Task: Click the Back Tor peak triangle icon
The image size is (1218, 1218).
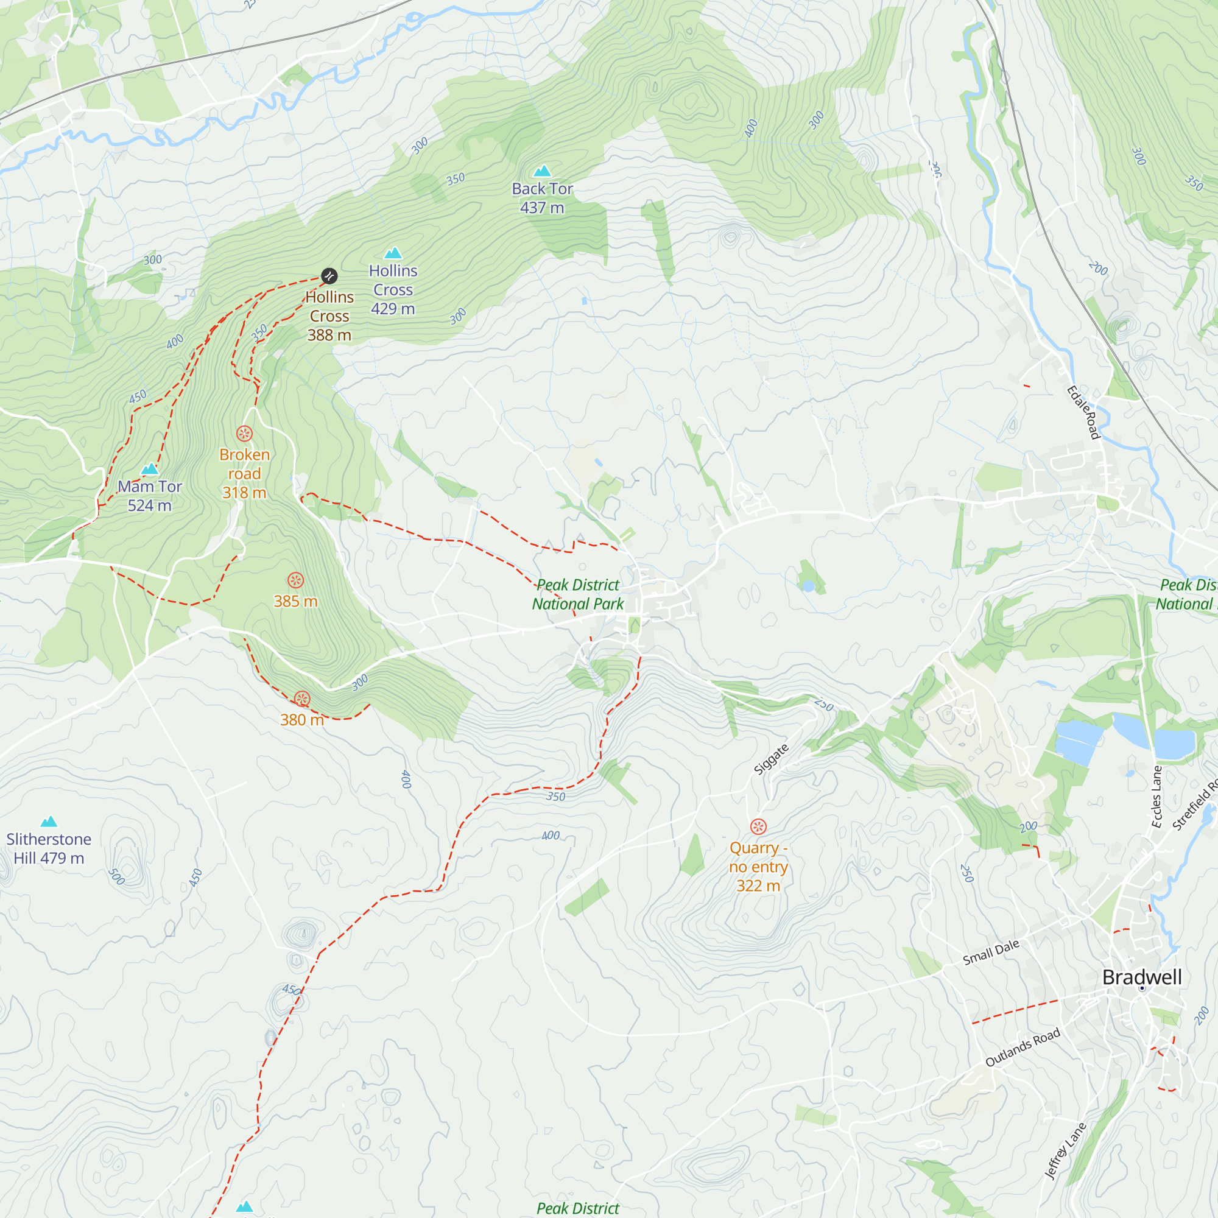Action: pos(542,171)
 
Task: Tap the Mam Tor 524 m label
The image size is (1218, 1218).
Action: pos(149,496)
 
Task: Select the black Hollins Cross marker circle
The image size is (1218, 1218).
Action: pos(329,275)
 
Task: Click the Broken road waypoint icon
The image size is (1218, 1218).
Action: pos(245,433)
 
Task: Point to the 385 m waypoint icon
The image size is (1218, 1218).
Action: pos(296,580)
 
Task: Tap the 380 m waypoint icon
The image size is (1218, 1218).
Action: pos(302,699)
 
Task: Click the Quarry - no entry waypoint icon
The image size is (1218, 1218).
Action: pos(758,826)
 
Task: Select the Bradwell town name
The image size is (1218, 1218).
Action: pos(1142,977)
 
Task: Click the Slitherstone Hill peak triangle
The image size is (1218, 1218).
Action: pos(49,822)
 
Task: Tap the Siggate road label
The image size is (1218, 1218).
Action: pos(771,759)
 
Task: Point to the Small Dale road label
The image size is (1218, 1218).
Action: pos(991,952)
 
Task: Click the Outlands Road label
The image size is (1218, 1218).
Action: pos(1023,1047)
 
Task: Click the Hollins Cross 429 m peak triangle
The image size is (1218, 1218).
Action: pos(393,253)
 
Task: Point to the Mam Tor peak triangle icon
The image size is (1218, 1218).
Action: pos(149,468)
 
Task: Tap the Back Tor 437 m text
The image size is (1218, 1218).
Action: pos(542,198)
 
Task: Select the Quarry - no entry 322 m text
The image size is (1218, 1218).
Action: pos(758,867)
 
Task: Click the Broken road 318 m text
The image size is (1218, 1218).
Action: pos(245,473)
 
